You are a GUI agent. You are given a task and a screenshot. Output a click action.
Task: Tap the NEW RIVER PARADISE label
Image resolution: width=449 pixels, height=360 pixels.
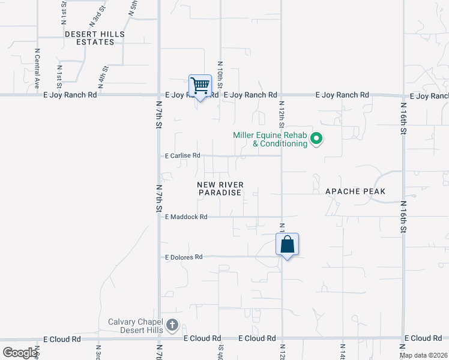pyautogui.click(x=220, y=188)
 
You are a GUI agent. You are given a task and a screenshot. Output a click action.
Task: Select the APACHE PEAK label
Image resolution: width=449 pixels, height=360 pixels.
pyautogui.click(x=355, y=191)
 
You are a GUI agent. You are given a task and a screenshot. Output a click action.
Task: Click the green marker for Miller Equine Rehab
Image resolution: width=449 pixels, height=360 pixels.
pyautogui.click(x=316, y=140)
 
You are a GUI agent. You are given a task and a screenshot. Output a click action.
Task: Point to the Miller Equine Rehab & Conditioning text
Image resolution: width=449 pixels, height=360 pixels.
pyautogui.click(x=270, y=139)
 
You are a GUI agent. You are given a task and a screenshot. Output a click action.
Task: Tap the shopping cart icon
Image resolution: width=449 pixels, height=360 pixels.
pyautogui.click(x=200, y=86)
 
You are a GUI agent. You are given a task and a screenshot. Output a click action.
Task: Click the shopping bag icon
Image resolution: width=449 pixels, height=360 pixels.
pyautogui.click(x=288, y=245)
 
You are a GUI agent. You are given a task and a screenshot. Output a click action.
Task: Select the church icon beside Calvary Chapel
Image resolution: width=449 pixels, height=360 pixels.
pyautogui.click(x=172, y=326)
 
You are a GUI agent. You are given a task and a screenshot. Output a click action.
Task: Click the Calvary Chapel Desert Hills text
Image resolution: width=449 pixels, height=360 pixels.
pyautogui.click(x=136, y=326)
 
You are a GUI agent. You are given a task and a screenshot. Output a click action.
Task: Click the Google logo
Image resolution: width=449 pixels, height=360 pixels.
pyautogui.click(x=20, y=353)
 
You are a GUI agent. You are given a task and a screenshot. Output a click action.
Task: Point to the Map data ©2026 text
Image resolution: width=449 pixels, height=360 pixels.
pyautogui.click(x=423, y=355)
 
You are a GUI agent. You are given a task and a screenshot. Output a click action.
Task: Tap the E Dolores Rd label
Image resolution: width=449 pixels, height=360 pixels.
pyautogui.click(x=184, y=257)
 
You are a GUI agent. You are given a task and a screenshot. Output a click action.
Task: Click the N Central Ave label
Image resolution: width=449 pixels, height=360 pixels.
pyautogui.click(x=37, y=69)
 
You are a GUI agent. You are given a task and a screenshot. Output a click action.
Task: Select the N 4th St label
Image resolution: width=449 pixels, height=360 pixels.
pyautogui.click(x=104, y=77)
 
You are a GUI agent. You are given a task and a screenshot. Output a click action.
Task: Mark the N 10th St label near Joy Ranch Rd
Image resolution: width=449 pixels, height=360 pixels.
pyautogui.click(x=220, y=74)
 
